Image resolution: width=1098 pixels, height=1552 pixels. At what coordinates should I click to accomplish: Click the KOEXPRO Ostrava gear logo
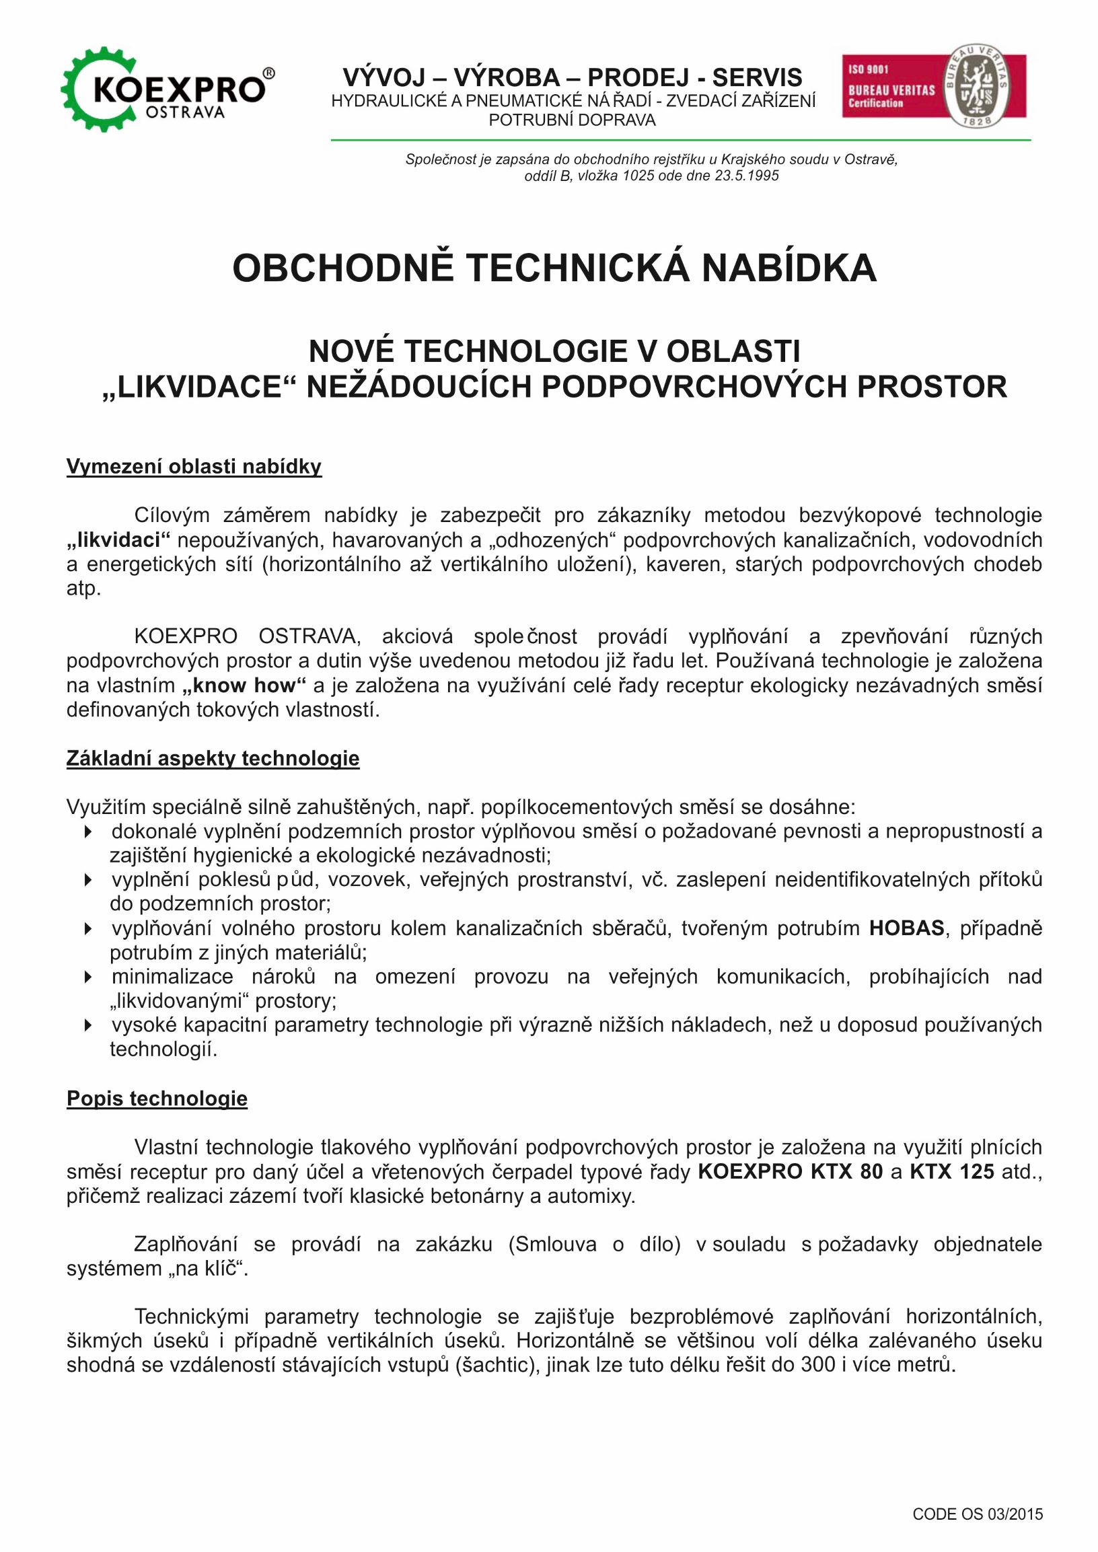point(167,89)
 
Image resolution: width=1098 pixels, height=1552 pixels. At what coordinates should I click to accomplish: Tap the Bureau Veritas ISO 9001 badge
point(934,86)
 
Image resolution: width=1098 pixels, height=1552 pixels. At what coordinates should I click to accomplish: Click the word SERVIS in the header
point(757,78)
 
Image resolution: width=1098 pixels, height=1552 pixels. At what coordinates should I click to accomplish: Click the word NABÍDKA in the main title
point(789,268)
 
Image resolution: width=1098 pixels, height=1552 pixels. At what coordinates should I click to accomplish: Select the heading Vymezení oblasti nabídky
point(193,466)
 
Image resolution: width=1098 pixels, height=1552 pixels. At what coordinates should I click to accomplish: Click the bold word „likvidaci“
point(118,540)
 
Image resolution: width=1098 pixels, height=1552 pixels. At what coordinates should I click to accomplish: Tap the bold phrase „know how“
point(244,686)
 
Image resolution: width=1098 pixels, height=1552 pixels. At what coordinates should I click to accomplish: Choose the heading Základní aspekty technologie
point(213,758)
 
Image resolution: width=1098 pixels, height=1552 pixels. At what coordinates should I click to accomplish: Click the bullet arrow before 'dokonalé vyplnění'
point(88,832)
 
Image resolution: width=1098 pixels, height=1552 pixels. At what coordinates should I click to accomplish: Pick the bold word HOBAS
point(906,928)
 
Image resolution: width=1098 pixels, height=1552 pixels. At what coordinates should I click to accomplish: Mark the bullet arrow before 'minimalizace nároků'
point(88,977)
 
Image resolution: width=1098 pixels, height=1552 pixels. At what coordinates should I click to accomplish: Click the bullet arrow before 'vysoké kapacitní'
point(88,1025)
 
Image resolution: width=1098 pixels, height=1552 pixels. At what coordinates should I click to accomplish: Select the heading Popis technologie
point(157,1099)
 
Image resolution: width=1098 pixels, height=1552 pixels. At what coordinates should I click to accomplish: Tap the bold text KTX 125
point(951,1171)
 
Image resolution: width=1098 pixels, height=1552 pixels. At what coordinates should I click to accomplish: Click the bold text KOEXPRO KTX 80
point(790,1171)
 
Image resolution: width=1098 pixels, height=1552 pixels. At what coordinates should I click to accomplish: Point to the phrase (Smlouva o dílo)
point(594,1245)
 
